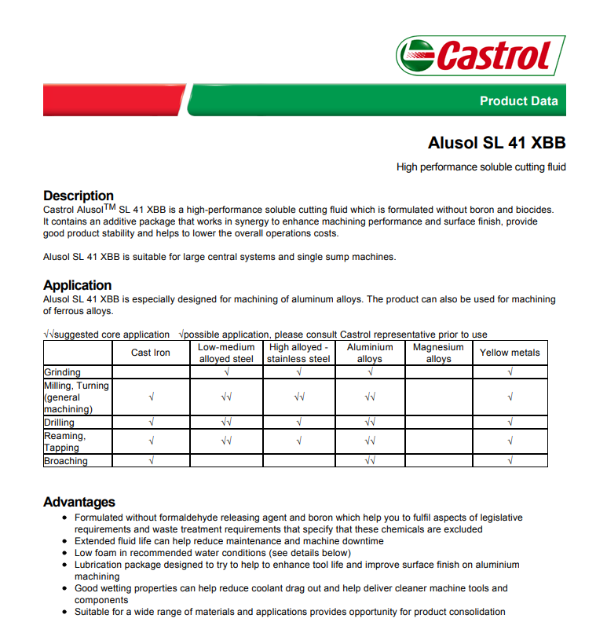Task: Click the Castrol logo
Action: (481, 55)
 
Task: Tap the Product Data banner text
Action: (518, 101)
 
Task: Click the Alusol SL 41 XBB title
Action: (496, 143)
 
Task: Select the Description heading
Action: (79, 196)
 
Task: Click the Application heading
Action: (78, 285)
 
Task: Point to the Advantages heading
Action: (79, 502)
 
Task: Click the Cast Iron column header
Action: (151, 353)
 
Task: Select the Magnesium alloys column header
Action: (438, 353)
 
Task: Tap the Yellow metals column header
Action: (510, 353)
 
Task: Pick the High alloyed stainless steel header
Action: (298, 353)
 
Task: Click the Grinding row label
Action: (63, 372)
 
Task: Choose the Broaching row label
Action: (66, 461)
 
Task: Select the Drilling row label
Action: (60, 423)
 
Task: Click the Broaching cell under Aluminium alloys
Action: (370, 461)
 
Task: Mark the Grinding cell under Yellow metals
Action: (510, 372)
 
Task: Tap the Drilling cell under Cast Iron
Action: (151, 423)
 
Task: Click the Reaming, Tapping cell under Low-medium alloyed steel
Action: (226, 441)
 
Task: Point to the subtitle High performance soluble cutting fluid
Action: (481, 167)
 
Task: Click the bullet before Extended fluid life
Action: (64, 541)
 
